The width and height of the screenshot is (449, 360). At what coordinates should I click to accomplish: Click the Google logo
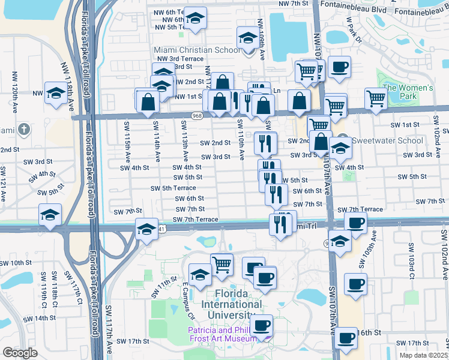point(20,353)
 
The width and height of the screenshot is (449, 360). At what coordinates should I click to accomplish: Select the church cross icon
point(23,129)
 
